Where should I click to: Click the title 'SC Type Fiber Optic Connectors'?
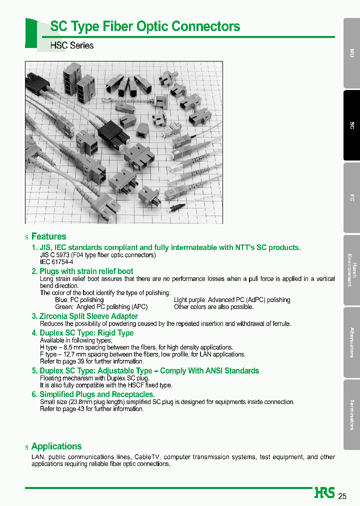(x=145, y=26)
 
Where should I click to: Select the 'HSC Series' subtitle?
(x=72, y=45)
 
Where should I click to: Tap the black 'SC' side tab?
(x=351, y=125)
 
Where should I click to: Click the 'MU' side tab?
(x=351, y=53)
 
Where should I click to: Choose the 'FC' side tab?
(x=351, y=198)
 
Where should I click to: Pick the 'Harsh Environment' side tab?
(x=351, y=270)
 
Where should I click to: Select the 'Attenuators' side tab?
(x=351, y=342)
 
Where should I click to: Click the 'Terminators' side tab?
(x=351, y=414)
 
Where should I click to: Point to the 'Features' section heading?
(x=48, y=236)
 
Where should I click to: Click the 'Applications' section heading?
(x=56, y=446)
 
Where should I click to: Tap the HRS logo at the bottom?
(x=324, y=493)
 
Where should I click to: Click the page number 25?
(x=342, y=496)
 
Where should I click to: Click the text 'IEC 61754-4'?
(x=56, y=262)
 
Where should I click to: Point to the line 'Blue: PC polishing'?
(x=79, y=300)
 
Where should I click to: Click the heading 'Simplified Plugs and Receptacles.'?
(x=97, y=394)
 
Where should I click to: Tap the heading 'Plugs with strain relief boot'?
(x=86, y=271)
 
